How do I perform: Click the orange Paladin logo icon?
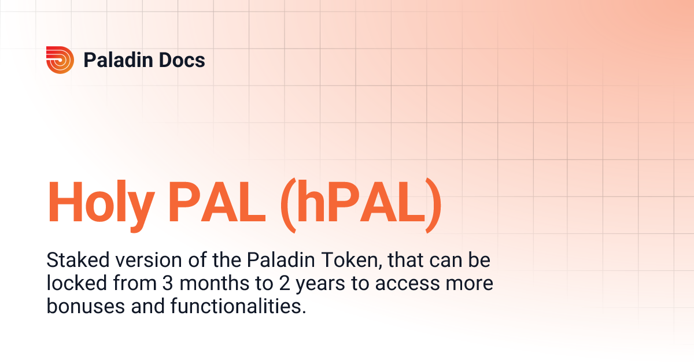60,60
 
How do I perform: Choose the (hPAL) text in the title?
361,204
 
